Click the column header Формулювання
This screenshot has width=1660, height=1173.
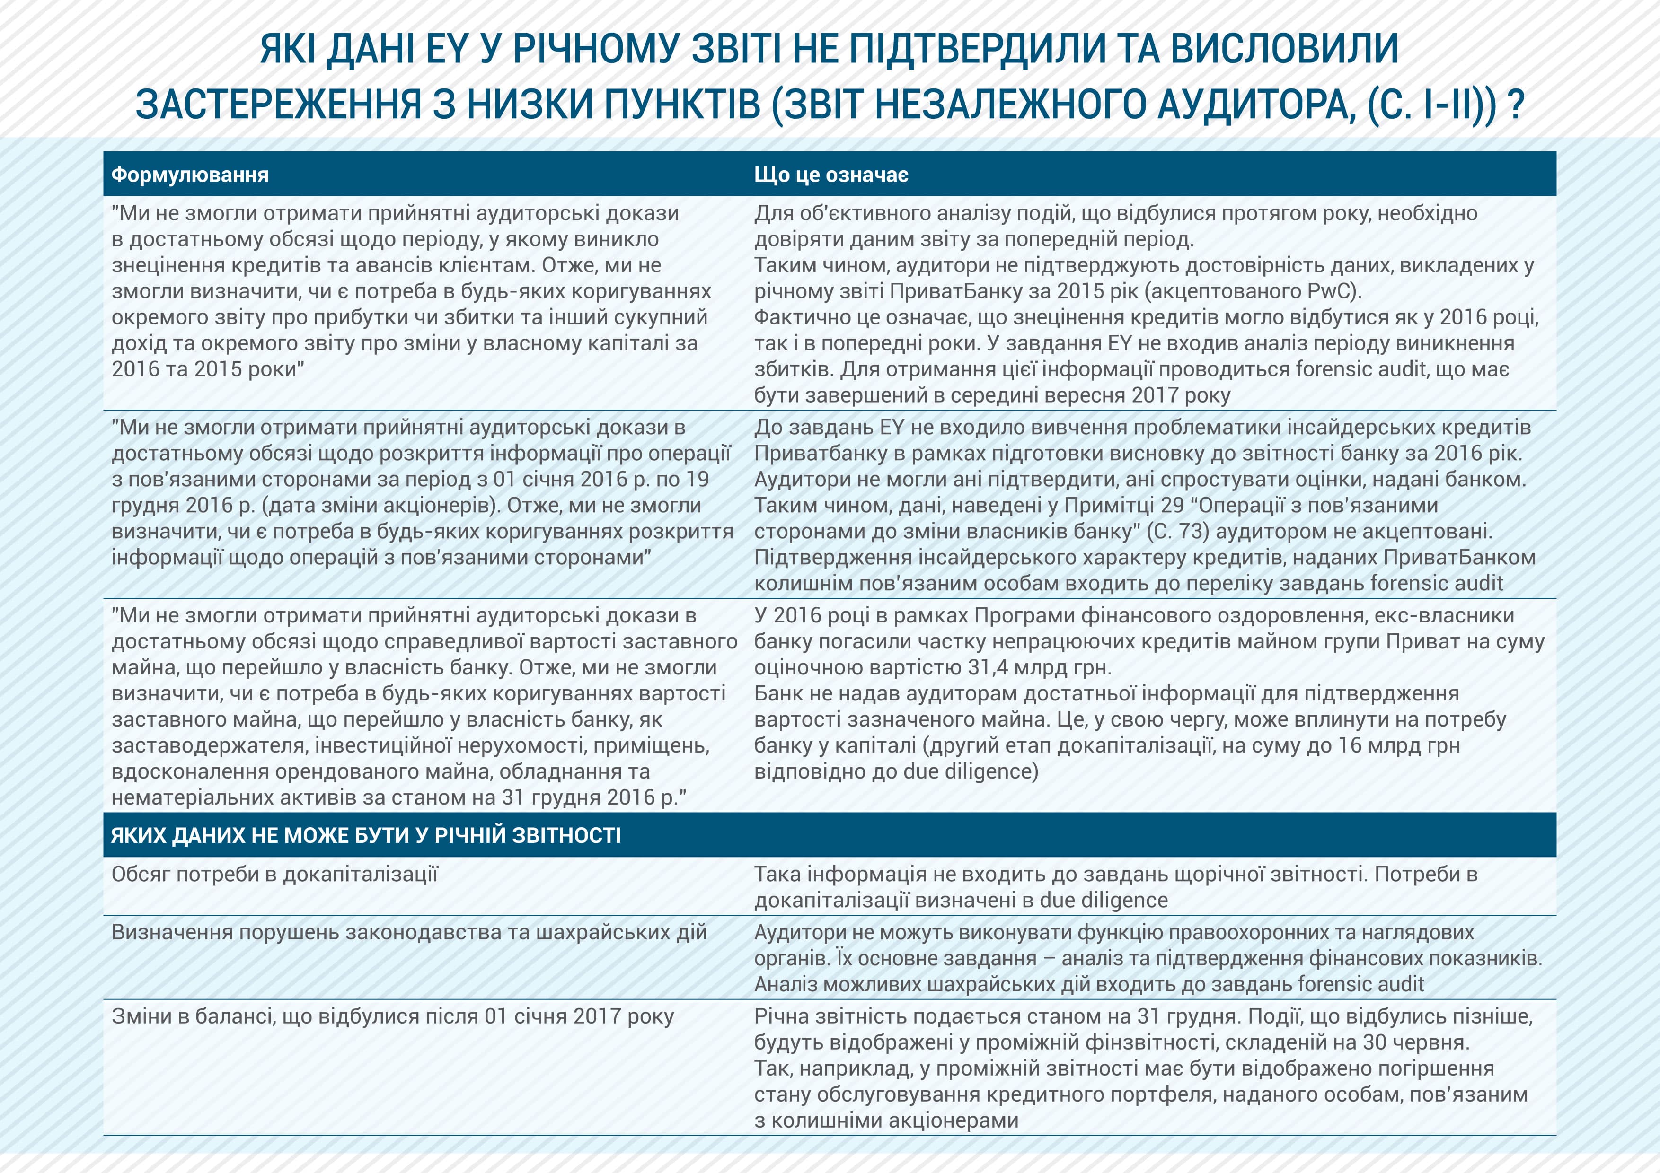[189, 175]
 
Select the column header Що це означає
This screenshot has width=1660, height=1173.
[831, 175]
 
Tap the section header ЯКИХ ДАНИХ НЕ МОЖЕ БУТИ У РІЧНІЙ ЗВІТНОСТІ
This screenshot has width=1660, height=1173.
[366, 835]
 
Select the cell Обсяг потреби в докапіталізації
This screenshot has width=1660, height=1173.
[275, 875]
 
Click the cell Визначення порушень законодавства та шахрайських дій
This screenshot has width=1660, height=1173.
[409, 932]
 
